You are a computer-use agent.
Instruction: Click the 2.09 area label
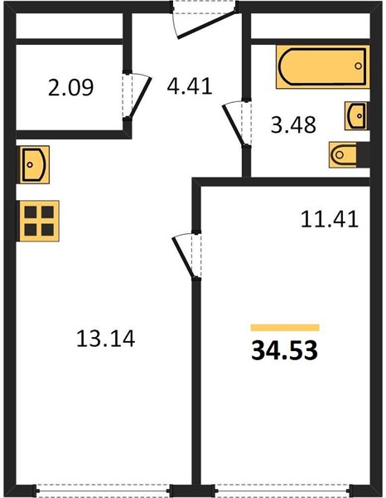pos(70,88)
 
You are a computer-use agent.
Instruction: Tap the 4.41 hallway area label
pos(190,86)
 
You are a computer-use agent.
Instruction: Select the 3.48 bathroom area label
pos(293,124)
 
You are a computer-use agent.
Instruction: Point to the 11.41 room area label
pos(330,219)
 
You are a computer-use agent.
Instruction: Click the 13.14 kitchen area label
pos(106,339)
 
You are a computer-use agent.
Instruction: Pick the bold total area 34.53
pos(284,350)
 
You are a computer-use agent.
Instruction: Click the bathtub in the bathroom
pos(322,66)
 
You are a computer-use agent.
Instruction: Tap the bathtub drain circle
pos(358,66)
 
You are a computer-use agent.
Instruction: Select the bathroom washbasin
pos(356,116)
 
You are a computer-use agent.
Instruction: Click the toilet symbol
pos(350,155)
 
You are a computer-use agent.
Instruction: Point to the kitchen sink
pos(35,164)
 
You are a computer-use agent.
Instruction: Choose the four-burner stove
pos(39,221)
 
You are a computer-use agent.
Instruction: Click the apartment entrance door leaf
pos(207,25)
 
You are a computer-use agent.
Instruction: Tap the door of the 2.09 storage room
pos(140,98)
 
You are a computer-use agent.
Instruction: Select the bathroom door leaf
pos(234,125)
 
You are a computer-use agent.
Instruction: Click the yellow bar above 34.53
pos(285,328)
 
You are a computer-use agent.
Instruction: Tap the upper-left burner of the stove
pos(31,212)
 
